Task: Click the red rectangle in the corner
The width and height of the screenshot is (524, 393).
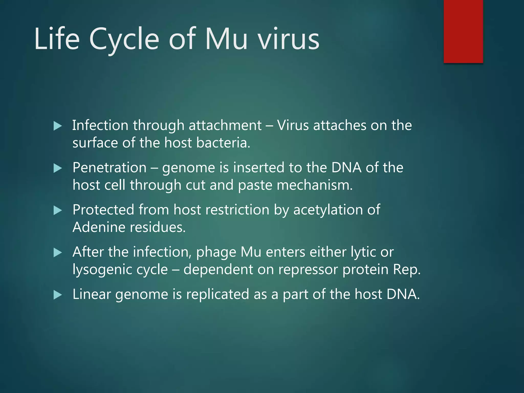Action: tap(463, 31)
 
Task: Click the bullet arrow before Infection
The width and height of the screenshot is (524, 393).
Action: tap(58, 126)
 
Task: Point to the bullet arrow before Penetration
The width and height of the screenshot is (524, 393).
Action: tap(58, 168)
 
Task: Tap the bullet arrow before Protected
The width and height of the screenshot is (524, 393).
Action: tap(58, 211)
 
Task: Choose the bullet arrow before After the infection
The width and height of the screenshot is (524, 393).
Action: tap(58, 253)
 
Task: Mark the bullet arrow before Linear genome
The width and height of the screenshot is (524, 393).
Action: tap(58, 295)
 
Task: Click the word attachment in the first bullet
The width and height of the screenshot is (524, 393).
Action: tap(225, 125)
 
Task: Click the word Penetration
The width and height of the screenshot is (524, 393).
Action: tap(110, 168)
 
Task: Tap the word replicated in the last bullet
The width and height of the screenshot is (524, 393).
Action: tap(218, 294)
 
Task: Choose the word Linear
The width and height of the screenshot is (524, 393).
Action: tap(92, 294)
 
